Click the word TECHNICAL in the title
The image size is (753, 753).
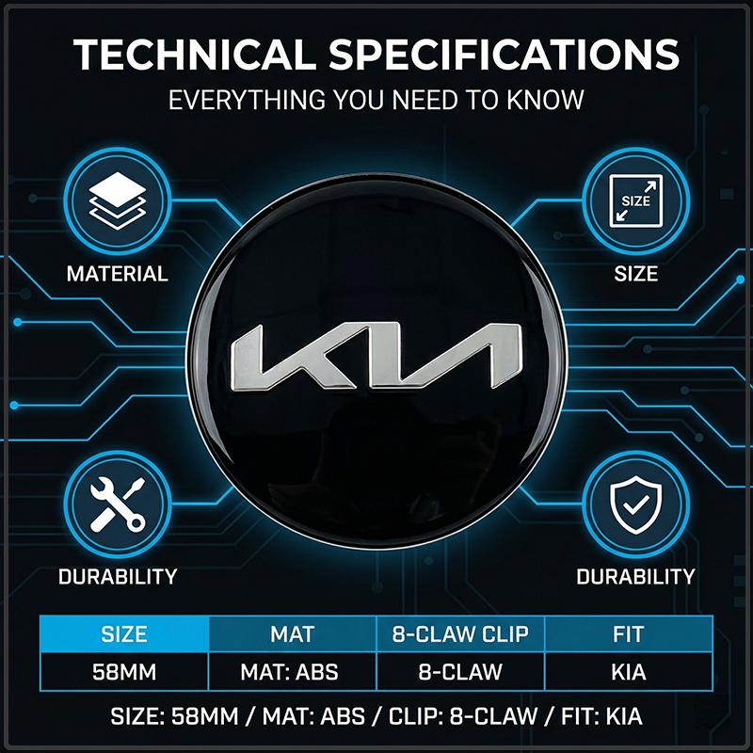[195, 54]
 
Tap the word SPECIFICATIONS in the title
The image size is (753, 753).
[504, 54]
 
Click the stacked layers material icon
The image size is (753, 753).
[118, 200]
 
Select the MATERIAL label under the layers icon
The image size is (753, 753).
[118, 274]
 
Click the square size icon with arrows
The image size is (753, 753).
[636, 200]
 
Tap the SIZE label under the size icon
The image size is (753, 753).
[636, 274]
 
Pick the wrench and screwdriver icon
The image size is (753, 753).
[118, 505]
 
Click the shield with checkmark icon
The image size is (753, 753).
[636, 505]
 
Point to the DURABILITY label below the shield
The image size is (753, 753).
[636, 576]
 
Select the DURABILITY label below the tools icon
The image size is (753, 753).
[118, 576]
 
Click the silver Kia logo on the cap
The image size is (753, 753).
[376, 356]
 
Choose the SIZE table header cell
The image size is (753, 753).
[124, 633]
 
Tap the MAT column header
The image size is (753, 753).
[293, 633]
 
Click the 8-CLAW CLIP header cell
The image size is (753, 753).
[460, 633]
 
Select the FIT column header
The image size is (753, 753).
[629, 633]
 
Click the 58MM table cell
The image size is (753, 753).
[124, 672]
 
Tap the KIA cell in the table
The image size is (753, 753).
[629, 672]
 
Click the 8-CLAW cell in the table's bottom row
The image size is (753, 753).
[460, 672]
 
